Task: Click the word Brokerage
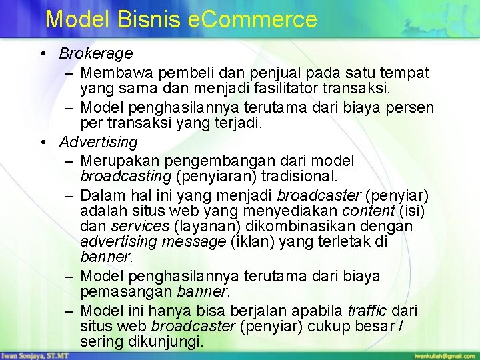pyautogui.click(x=96, y=53)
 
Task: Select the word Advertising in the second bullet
pyautogui.click(x=98, y=142)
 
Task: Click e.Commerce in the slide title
pyautogui.click(x=253, y=19)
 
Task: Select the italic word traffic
pyautogui.click(x=368, y=311)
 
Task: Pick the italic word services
pyautogui.click(x=139, y=227)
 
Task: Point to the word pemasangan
pyautogui.click(x=126, y=291)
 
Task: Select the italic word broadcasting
pyautogui.click(x=126, y=177)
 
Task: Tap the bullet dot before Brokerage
pyautogui.click(x=42, y=53)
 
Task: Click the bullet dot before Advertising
pyautogui.click(x=42, y=142)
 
